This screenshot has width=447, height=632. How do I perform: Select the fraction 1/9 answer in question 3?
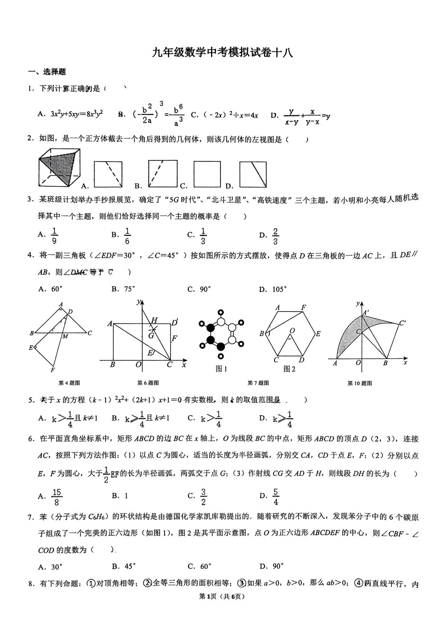tap(54, 236)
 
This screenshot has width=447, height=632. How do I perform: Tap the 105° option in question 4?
tap(279, 289)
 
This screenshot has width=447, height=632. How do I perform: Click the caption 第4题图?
tap(69, 383)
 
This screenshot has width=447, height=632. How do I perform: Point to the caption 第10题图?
tap(359, 383)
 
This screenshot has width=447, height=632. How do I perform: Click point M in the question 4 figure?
tap(65, 336)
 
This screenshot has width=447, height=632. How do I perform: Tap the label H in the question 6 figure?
tap(154, 321)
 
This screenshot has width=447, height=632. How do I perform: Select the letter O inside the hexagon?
tap(292, 330)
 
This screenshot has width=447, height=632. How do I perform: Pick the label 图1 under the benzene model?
tap(221, 369)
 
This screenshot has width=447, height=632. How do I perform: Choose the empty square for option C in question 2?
tap(207, 174)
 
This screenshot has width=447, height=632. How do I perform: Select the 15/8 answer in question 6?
tap(57, 497)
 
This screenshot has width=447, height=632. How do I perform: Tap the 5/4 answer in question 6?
tap(275, 497)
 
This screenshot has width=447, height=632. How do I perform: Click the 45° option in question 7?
tap(129, 566)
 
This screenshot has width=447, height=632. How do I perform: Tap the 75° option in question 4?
tap(129, 289)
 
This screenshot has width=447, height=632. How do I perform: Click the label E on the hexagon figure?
tap(318, 334)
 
